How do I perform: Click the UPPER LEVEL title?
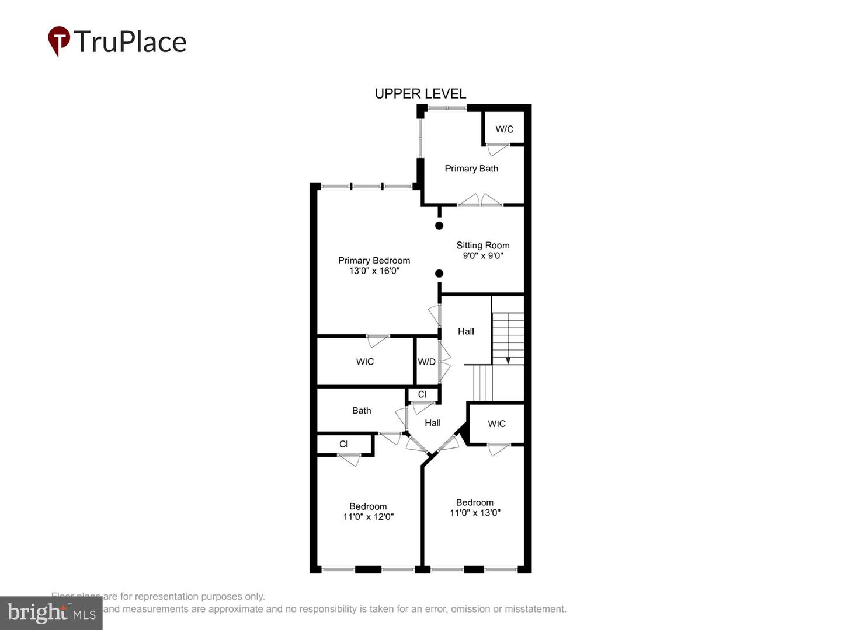click(420, 94)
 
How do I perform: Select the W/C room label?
click(504, 129)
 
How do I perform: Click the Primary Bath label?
click(471, 169)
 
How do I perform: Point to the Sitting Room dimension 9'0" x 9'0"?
click(482, 256)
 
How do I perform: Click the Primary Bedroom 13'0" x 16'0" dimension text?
click(374, 271)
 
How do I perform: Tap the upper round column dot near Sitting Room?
click(439, 226)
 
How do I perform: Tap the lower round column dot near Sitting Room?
click(439, 274)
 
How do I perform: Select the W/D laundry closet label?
click(426, 362)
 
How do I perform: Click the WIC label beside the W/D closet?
click(365, 362)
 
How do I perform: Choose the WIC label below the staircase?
click(496, 423)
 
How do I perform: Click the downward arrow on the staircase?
click(508, 359)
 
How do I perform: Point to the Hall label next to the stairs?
click(465, 331)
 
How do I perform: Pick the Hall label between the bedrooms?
click(432, 423)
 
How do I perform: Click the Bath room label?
click(362, 411)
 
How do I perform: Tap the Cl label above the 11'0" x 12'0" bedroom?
click(343, 444)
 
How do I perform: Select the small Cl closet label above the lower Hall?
click(422, 394)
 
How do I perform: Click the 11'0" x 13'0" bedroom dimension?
click(475, 513)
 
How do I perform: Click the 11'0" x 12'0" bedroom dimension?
click(368, 516)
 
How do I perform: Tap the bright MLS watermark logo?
click(51, 612)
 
